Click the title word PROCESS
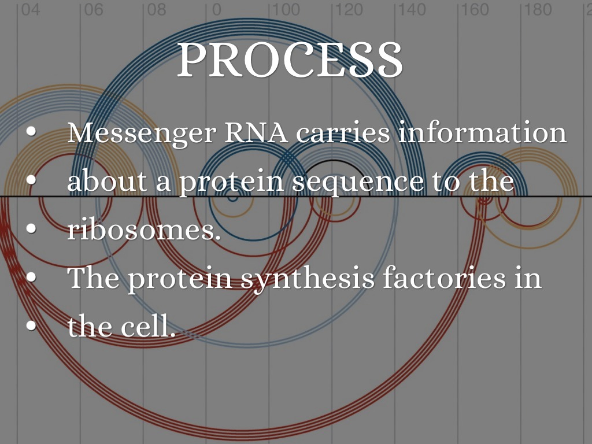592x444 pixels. click(x=290, y=60)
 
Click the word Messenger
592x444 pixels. click(x=142, y=134)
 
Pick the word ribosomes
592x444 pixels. click(x=144, y=230)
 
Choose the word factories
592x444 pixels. click(x=443, y=277)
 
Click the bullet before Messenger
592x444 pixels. click(x=32, y=132)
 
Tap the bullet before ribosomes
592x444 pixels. click(x=32, y=228)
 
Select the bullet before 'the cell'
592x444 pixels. click(x=32, y=325)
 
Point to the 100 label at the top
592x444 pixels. click(x=286, y=10)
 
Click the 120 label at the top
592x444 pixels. click(x=349, y=10)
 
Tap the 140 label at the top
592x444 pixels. click(x=412, y=10)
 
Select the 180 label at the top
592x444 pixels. click(x=538, y=10)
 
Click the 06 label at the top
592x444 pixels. click(x=93, y=10)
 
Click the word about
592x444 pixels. click(x=107, y=181)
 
